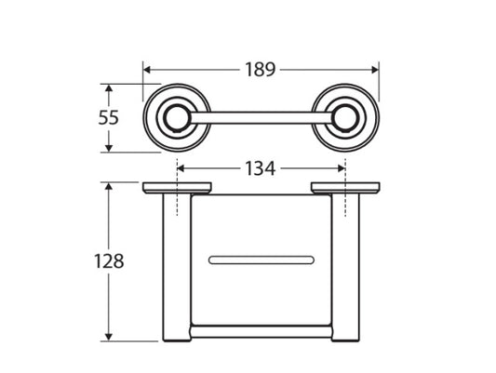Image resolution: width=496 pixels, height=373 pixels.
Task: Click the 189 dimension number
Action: tap(260, 70)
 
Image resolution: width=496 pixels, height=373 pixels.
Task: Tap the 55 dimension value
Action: tap(109, 117)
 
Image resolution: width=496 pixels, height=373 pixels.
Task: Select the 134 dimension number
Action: tap(261, 168)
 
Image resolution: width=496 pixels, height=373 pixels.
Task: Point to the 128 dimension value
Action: tap(109, 261)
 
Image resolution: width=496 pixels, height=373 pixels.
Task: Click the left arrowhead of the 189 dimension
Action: tap(147, 70)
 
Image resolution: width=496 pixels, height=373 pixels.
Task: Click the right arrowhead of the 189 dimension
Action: tap(375, 70)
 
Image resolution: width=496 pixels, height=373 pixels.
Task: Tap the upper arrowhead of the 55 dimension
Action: tap(109, 88)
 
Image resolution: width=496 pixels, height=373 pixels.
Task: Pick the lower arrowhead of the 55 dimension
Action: tap(109, 148)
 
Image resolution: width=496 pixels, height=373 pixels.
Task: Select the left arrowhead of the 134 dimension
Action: tap(181, 168)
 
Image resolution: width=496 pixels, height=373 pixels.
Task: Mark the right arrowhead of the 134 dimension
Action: tap(342, 168)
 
